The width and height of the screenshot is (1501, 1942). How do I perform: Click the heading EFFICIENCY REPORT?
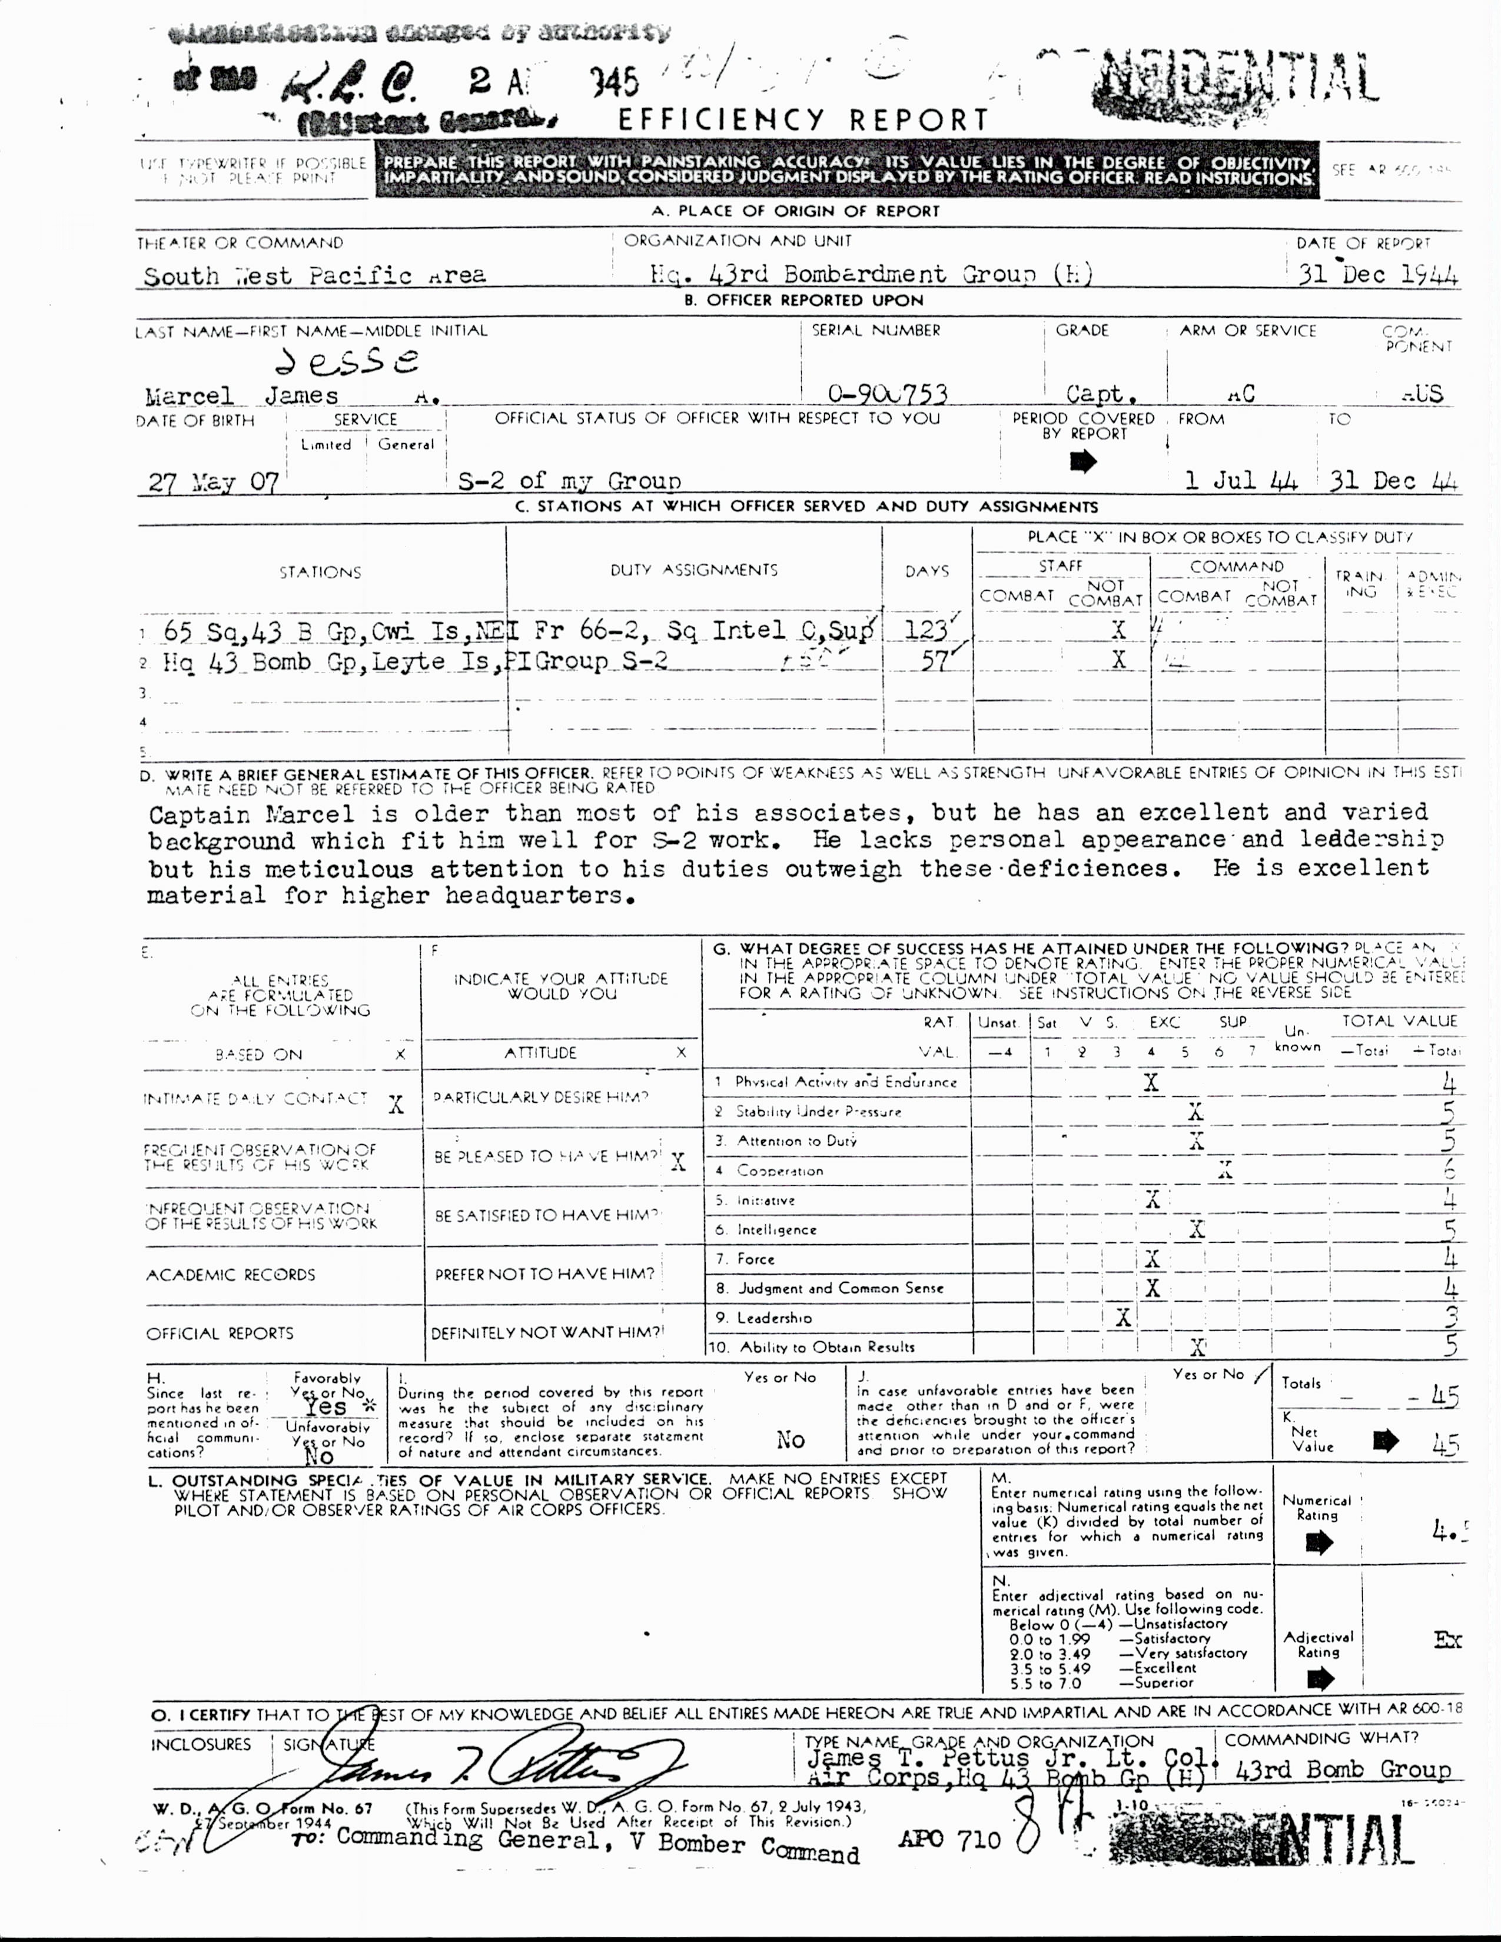803,119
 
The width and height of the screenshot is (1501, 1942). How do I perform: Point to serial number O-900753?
886,393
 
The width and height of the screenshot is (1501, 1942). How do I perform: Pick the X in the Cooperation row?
1226,1170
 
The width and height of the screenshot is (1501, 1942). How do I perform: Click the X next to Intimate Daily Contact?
396,1105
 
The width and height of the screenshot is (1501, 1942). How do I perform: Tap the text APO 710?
949,1839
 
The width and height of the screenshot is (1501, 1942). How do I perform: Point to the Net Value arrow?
1386,1441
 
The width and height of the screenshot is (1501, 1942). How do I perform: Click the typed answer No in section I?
791,1439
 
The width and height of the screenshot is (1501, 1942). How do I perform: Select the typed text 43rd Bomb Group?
1343,1770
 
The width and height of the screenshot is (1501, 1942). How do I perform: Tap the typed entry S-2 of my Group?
569,481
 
